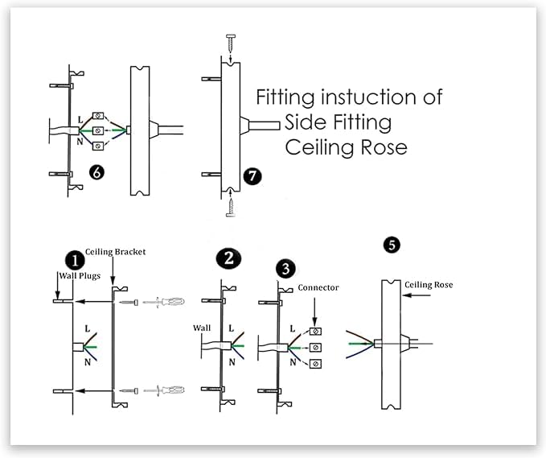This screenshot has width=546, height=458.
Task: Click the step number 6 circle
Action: pos(97,172)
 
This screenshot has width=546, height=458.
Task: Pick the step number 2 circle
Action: pos(229,258)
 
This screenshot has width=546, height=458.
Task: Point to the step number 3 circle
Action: pos(285,267)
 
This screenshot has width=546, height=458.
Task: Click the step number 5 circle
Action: pos(392,244)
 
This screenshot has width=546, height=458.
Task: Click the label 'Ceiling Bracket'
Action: pos(119,252)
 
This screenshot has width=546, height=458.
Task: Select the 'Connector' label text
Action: pos(318,287)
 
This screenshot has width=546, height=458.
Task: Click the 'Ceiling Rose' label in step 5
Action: pos(430,284)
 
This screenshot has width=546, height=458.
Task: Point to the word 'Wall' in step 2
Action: pos(202,328)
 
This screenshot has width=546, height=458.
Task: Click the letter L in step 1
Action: pos(85,330)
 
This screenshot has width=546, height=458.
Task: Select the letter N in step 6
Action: pos(80,142)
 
